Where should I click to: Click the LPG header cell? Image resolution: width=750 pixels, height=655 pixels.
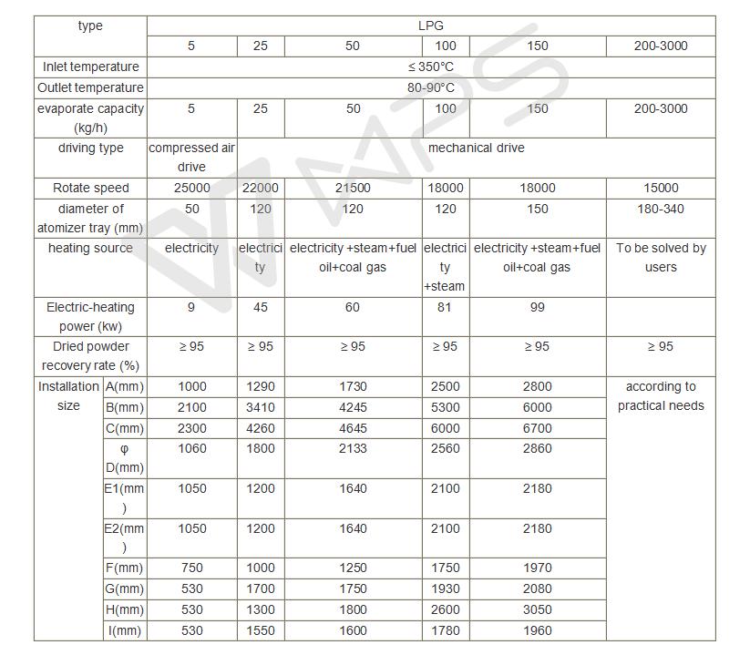coord(430,26)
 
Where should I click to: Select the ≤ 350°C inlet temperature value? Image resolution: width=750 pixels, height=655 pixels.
coord(430,67)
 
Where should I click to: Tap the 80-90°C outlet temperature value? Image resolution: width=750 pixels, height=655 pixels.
coord(430,88)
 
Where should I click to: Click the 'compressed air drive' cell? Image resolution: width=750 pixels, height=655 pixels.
coord(191,158)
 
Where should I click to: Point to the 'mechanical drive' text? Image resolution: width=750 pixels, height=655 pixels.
coord(476,148)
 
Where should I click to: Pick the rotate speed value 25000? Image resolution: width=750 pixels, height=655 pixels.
coord(191,189)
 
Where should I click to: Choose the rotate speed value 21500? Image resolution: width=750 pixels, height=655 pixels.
coord(353,189)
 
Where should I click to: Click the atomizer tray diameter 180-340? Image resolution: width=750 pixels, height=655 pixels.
coord(661,210)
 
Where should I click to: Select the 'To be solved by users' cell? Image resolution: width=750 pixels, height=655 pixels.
coord(661,258)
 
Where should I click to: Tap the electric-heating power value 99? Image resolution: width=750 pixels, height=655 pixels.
coord(538,308)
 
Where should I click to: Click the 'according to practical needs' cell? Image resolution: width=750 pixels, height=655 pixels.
coord(661,396)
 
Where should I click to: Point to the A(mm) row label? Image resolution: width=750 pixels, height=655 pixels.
coord(125,386)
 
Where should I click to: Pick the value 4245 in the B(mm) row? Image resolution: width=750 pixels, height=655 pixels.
coord(353,408)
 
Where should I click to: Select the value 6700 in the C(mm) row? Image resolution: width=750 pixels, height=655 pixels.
coord(538,429)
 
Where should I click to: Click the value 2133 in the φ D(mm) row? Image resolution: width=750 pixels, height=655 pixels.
coord(353,449)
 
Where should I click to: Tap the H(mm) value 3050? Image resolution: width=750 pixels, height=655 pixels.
coord(538,610)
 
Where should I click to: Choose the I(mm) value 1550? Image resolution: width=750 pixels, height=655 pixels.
coord(261,631)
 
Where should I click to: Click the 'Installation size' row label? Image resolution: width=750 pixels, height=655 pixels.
coord(68,396)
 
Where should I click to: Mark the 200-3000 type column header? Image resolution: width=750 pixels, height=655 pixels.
coord(661,46)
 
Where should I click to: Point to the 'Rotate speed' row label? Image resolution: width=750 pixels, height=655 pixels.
coord(91,189)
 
